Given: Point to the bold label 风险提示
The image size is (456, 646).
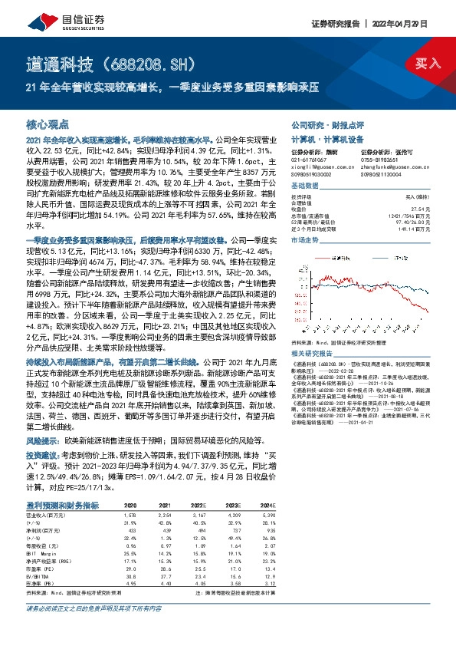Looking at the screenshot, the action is [x=42, y=443].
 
